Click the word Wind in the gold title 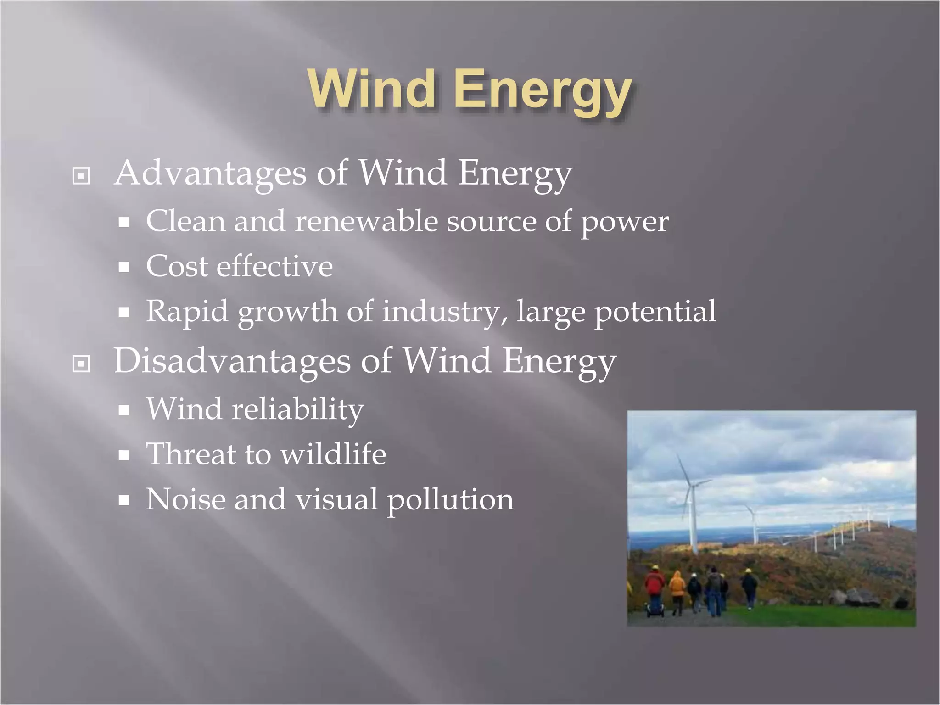coord(371,89)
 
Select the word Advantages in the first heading coord(210,173)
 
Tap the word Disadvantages coord(232,361)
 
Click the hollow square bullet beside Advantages coord(81,176)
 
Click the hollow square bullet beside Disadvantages coord(81,364)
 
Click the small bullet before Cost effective coord(123,268)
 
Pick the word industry coord(444,312)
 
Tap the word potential coord(655,312)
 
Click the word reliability coord(297,409)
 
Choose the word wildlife coord(333,454)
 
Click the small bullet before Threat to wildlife coord(123,455)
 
